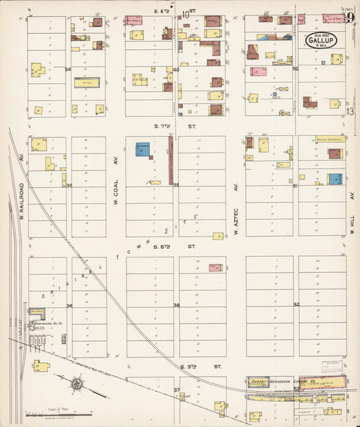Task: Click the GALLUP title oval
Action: pos(322,41)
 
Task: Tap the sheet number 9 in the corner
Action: pos(349,18)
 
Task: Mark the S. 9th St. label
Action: pos(191,366)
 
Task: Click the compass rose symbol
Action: pos(76,385)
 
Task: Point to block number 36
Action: pos(69,305)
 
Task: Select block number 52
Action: pos(296,305)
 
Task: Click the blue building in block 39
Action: pos(143,149)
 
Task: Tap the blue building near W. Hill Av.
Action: pos(335,178)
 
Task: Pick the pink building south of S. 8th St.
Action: pos(215,268)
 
